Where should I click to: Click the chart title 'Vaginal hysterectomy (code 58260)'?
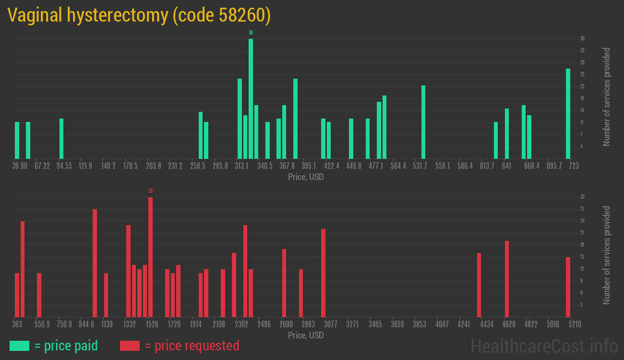(x=139, y=16)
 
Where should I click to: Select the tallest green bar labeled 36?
(x=251, y=98)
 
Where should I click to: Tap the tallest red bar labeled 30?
(x=150, y=257)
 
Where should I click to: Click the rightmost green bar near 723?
(x=568, y=113)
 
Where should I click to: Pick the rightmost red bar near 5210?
(x=568, y=287)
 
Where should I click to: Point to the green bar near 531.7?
(x=423, y=122)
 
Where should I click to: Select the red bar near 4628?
(x=507, y=278)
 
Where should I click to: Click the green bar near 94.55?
(x=61, y=138)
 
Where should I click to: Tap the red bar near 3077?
(x=323, y=273)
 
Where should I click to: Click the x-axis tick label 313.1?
(x=241, y=166)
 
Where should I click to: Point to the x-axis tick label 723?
(x=574, y=166)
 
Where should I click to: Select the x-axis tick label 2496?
(x=264, y=324)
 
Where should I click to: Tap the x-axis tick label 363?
(x=17, y=324)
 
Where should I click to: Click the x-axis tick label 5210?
(x=575, y=324)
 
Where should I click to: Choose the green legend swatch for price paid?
(x=19, y=346)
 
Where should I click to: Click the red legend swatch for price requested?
(x=130, y=346)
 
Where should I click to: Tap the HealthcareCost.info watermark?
(x=544, y=346)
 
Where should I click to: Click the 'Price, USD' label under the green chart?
(x=306, y=177)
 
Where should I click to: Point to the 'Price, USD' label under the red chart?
(x=306, y=335)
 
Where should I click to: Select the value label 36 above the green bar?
(x=251, y=33)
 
